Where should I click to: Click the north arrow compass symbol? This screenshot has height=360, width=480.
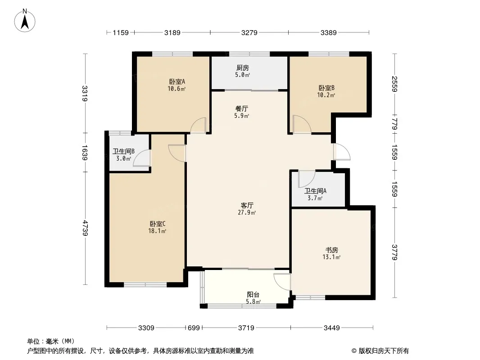pos(25,21)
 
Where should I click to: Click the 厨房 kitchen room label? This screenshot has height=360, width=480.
pos(242,67)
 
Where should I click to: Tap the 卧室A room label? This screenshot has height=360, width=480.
pos(177,81)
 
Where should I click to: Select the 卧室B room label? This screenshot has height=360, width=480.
pos(326,88)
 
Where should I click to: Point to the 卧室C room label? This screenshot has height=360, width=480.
pos(158,224)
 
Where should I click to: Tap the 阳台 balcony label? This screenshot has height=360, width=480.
pos(253,295)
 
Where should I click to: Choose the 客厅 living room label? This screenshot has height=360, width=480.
pos(247,205)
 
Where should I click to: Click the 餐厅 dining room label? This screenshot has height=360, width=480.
pos(241,108)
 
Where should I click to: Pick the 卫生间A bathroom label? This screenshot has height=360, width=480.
pos(315,191)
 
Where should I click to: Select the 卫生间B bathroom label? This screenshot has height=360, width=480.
pos(124,151)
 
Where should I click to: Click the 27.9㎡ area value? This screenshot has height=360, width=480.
pos(247,212)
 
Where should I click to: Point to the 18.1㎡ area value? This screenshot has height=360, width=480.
pos(157,231)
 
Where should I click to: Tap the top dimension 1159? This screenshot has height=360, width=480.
pos(121,32)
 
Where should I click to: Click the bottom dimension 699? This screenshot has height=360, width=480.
pos(194,328)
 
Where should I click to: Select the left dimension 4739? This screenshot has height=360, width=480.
pos(85,228)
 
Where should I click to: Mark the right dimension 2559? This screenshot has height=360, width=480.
pos(394,84)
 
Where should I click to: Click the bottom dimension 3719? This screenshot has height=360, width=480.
pos(246,328)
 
